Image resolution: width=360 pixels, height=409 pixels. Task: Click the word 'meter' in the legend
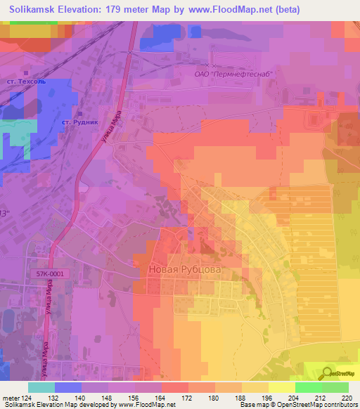click(x=11, y=397)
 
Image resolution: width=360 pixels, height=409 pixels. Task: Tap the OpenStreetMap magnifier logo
click(x=328, y=373)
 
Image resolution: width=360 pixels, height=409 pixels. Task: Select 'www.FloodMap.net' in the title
click(x=226, y=10)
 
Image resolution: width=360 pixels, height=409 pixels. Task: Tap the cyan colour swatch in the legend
click(x=41, y=387)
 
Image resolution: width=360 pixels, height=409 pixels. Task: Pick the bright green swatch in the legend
click(x=308, y=387)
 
